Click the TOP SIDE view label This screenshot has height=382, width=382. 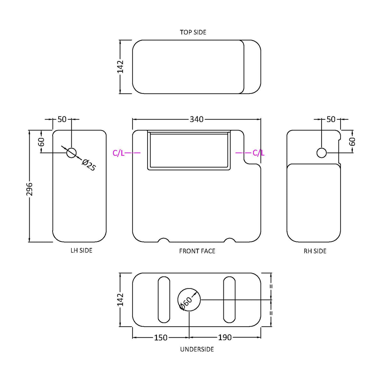pos(193,32)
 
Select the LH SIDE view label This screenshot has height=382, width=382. pos(81,250)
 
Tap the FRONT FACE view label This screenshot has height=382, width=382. pos(197,251)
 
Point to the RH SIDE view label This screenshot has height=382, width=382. pos(315,251)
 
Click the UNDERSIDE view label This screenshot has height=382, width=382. pos(197,349)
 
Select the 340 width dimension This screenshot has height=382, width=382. pos(197,119)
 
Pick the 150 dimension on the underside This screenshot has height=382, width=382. pos(160,338)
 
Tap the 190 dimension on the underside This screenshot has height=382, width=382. pos(225,338)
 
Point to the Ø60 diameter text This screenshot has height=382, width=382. pos(185,304)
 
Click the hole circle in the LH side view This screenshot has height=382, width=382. pos(71,153)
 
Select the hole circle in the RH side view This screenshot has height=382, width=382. pos(321,153)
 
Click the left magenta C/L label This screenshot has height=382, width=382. pos(119,153)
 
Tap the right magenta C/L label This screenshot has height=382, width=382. pos(258,153)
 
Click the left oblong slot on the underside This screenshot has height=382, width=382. pos(164,300)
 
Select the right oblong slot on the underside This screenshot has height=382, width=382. pos(229,300)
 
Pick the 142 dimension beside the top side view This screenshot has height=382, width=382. pos(121,67)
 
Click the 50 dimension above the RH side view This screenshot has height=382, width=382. pos(331,119)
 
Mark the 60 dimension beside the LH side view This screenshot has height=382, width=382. pos(41,142)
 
